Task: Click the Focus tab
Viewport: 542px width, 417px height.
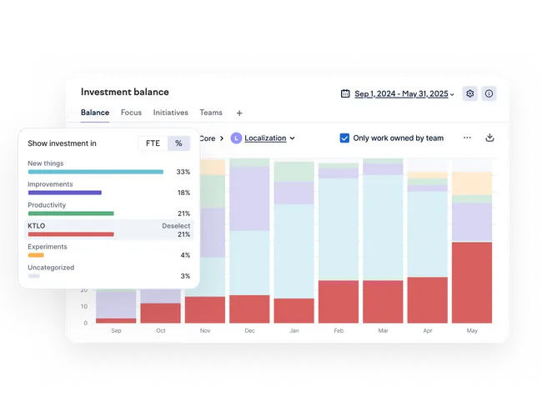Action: click(131, 113)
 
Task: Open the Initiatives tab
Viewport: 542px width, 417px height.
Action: click(170, 113)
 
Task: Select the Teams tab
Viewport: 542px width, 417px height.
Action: click(211, 113)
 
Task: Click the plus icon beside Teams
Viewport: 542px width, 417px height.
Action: click(239, 113)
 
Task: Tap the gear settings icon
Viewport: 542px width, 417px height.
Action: click(469, 93)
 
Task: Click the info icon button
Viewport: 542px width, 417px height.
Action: click(489, 93)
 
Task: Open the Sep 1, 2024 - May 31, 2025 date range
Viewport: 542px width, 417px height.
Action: click(401, 93)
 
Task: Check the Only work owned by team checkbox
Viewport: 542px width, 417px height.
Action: click(344, 138)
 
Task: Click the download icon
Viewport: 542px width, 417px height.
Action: click(489, 138)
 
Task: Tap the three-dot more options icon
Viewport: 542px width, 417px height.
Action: click(467, 138)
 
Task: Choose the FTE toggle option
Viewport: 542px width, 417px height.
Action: click(153, 143)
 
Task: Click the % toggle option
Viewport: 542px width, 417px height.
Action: click(178, 143)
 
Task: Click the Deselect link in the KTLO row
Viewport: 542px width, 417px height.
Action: click(176, 226)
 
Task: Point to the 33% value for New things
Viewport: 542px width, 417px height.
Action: click(183, 172)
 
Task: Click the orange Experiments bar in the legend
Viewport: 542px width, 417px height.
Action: click(36, 255)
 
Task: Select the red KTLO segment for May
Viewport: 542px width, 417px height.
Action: click(472, 283)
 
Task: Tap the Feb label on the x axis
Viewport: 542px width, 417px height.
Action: click(339, 330)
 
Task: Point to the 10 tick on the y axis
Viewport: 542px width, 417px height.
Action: click(83, 306)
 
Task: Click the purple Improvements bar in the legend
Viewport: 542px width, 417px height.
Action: click(65, 193)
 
